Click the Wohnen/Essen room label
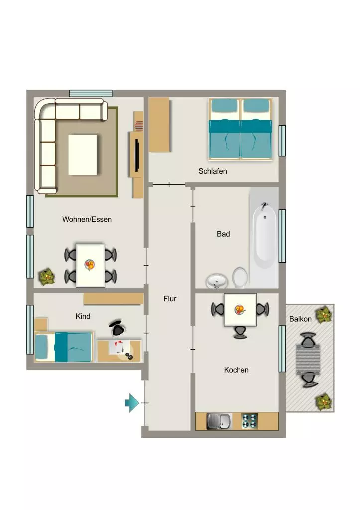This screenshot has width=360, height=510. pyautogui.click(x=87, y=219)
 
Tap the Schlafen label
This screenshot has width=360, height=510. pyautogui.click(x=213, y=171)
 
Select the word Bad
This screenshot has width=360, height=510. pyautogui.click(x=223, y=234)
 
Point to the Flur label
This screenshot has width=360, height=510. pyautogui.click(x=170, y=299)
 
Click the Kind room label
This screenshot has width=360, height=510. pyautogui.click(x=83, y=316)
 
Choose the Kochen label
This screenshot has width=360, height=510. pyautogui.click(x=237, y=370)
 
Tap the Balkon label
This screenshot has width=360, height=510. pyautogui.click(x=300, y=319)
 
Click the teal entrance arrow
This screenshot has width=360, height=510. pyautogui.click(x=132, y=403)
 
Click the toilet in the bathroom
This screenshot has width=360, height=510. pyautogui.click(x=240, y=278)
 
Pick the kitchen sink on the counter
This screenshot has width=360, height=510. pyautogui.click(x=219, y=421)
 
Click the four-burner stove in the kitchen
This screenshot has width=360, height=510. pyautogui.click(x=250, y=421)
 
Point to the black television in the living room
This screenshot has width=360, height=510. pyautogui.click(x=137, y=155)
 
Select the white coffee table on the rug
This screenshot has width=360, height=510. pyautogui.click(x=83, y=155)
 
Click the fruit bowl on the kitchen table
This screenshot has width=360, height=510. pyautogui.click(x=240, y=309)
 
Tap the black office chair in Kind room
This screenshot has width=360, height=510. pyautogui.click(x=118, y=328)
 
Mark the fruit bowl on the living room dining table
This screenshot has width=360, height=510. pyautogui.click(x=90, y=265)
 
